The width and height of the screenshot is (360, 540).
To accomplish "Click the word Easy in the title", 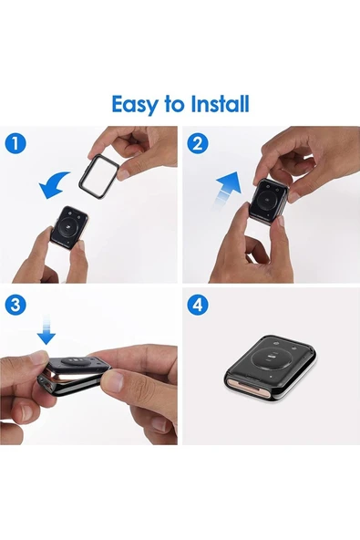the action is pos(134,105).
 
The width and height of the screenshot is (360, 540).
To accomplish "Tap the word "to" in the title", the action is pos(174,105).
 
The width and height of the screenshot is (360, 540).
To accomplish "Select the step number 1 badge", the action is pos(15,143).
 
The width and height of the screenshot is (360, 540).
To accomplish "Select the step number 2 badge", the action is pos(198,143).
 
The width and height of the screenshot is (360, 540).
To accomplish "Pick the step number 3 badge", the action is pos(15,305).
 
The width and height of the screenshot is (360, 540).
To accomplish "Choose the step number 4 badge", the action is pos(198,305).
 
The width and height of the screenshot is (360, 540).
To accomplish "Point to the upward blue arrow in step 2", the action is pos(227,190).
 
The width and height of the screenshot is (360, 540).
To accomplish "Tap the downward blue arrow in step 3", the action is pos(46,329).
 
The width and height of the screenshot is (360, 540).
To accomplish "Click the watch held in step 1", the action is pos(69,228).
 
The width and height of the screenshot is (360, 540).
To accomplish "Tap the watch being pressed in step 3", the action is pos(74,377).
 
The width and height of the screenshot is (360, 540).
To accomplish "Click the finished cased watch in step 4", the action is pos(271,371).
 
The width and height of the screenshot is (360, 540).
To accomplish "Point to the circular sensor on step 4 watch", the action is pos(272,359).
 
